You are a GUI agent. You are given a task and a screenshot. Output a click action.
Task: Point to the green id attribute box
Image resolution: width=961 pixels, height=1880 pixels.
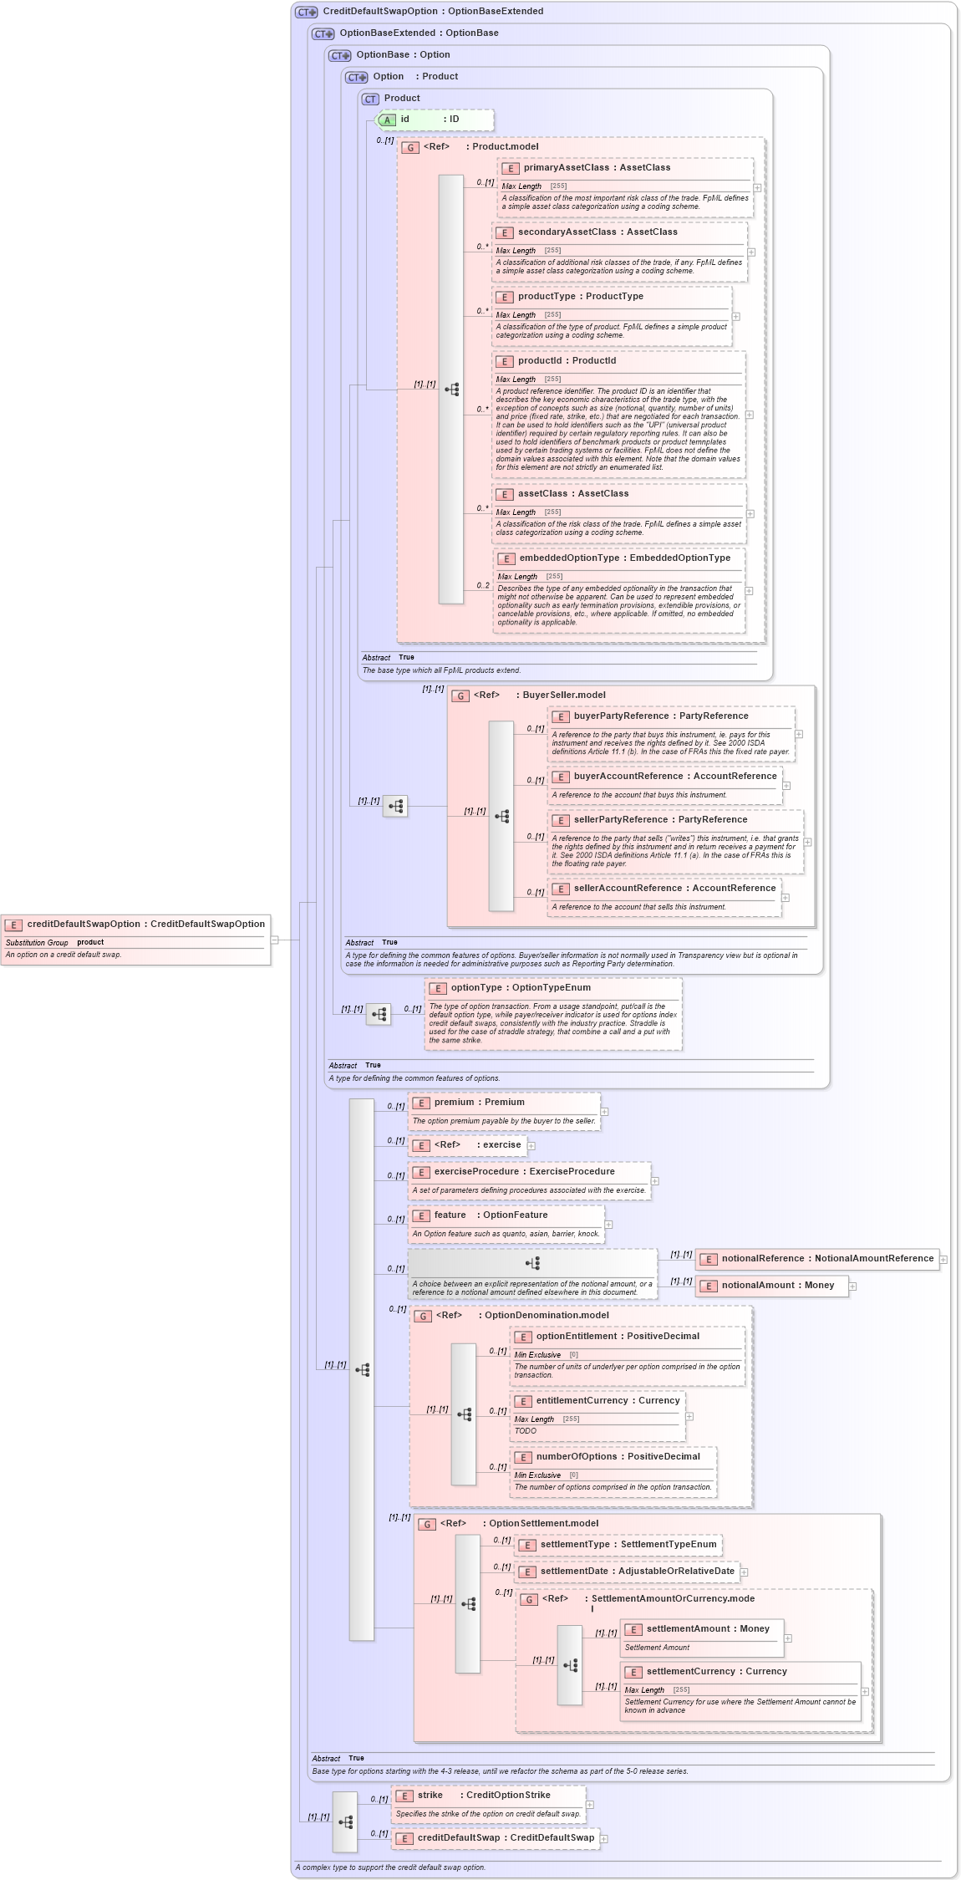coord(435,120)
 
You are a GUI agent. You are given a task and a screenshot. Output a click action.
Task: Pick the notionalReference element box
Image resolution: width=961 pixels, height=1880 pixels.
coord(816,1258)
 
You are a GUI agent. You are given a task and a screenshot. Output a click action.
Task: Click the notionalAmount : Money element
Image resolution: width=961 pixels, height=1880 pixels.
coord(771,1285)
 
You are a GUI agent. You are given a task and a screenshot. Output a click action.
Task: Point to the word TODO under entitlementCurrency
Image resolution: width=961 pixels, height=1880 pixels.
coord(526,1430)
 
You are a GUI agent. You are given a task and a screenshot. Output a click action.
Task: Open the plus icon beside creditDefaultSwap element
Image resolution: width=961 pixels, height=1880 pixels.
coord(604,1838)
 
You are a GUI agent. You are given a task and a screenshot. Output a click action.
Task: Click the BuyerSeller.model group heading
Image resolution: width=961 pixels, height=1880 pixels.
coord(560,695)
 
